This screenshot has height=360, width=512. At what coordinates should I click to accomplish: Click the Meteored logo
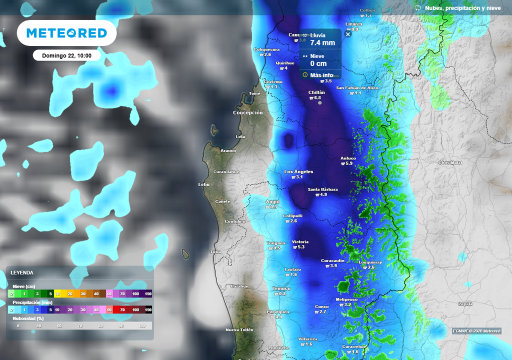pos(66,33)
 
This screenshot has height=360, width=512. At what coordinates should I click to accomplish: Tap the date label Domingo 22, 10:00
pos(66,55)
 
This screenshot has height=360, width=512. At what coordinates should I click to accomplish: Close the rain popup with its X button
pos(348,34)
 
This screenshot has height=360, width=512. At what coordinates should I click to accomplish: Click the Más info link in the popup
pos(321,75)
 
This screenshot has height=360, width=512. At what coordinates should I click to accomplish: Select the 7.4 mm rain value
pos(322,43)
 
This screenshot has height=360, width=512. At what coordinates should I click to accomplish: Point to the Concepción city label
pos(247,112)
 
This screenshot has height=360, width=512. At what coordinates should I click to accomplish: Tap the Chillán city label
pos(316,92)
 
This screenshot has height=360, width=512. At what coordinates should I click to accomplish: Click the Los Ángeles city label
pos(298,171)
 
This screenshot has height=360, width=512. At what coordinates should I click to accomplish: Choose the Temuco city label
pos(281,288)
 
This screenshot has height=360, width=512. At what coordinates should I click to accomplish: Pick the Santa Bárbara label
pos(322,189)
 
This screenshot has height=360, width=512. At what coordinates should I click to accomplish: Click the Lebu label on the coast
pos(204,184)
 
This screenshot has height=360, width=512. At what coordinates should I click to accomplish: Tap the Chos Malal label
pos(450,162)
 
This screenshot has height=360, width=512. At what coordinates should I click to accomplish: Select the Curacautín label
pos(332,260)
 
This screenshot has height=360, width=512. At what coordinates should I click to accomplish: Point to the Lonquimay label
pos(370,262)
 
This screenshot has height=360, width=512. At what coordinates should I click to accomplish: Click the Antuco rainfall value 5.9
pos(349,163)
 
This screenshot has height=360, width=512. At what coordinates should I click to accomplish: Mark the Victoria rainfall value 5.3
pos(301,247)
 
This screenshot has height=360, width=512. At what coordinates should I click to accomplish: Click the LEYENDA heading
pos(22,272)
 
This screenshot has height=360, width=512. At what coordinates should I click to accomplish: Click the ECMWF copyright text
pos(476,331)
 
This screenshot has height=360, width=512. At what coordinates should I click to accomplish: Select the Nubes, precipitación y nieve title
pos(462,8)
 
